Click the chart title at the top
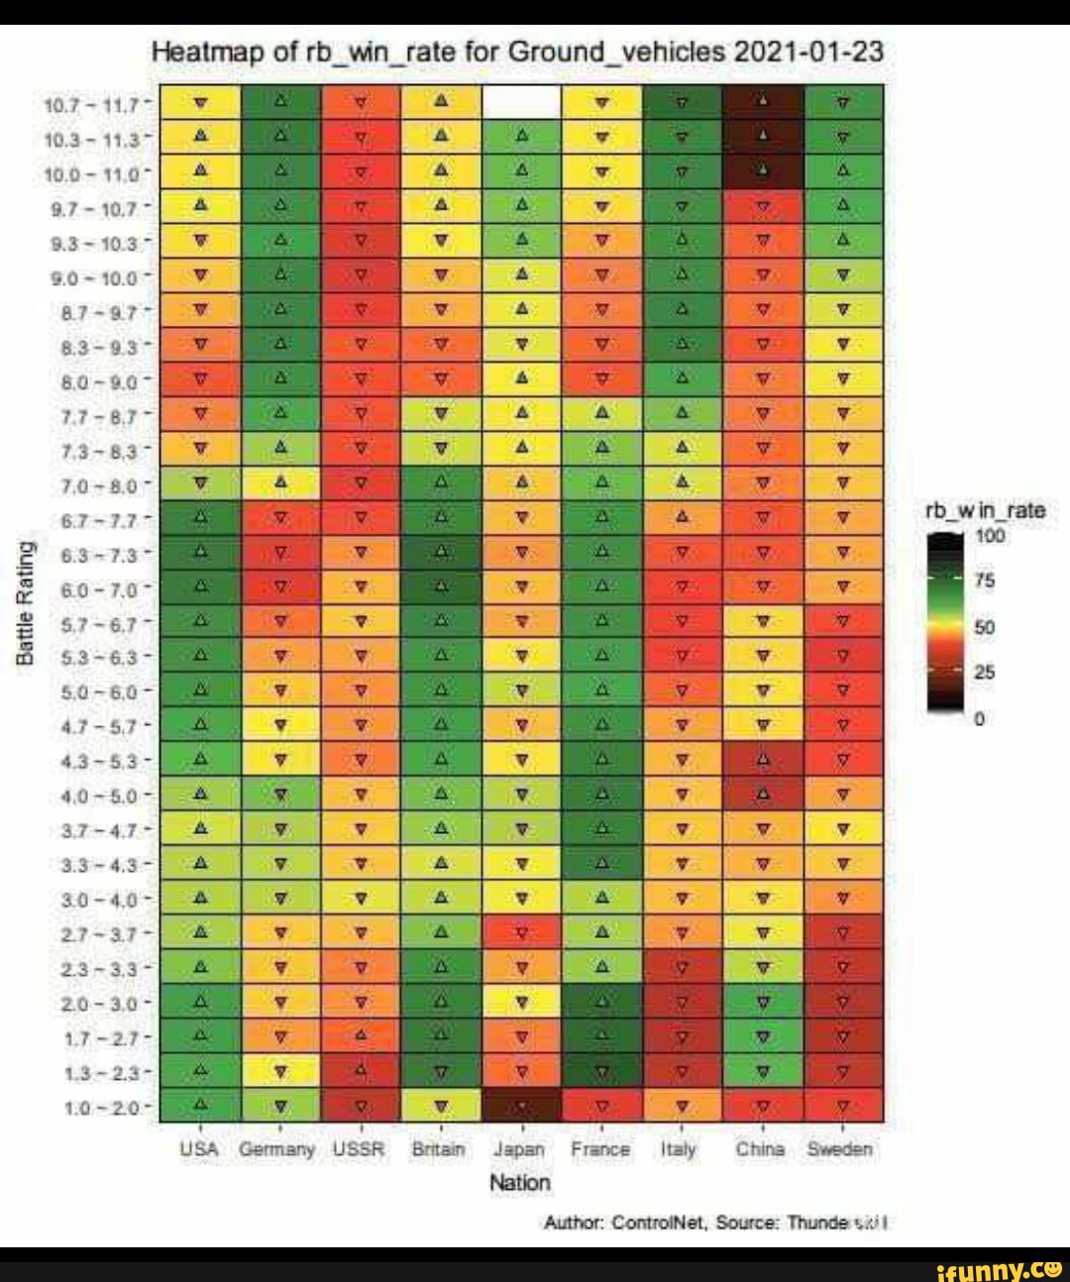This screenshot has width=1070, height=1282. click(518, 51)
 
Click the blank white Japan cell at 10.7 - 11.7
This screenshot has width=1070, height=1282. click(521, 102)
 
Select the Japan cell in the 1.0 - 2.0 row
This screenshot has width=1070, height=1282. click(521, 1104)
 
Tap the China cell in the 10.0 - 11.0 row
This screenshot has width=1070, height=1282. click(763, 170)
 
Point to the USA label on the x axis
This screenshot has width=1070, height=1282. click(200, 1149)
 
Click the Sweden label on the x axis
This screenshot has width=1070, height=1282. click(840, 1149)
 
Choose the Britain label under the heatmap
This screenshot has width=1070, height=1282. click(439, 1149)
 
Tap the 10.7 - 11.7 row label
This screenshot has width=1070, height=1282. click(98, 102)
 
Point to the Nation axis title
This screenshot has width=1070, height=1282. click(520, 1182)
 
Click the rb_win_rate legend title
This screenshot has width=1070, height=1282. click(984, 511)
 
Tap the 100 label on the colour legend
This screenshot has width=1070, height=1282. click(992, 536)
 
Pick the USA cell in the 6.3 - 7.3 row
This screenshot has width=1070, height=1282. click(200, 551)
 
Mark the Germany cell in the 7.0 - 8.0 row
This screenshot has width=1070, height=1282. click(281, 483)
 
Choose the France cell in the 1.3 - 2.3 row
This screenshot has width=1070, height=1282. click(601, 1070)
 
